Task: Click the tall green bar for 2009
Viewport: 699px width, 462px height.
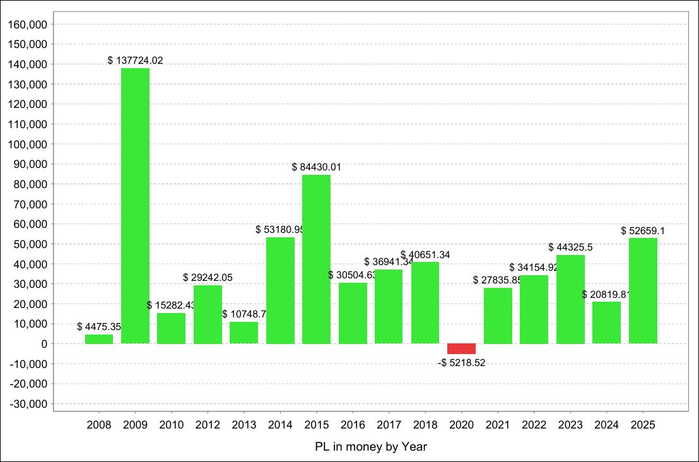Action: tap(135, 206)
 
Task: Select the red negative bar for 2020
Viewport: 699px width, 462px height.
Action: tap(461, 349)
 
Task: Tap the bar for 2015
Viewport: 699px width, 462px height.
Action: tap(316, 259)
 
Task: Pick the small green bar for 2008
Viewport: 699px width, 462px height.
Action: tap(99, 339)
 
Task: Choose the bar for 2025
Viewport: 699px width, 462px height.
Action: tap(643, 290)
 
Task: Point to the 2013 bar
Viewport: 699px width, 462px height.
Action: tap(244, 333)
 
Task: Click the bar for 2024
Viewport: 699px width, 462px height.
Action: tap(606, 323)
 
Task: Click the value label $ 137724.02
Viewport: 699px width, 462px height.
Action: tap(135, 61)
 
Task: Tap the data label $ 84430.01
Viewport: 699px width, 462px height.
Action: tap(316, 167)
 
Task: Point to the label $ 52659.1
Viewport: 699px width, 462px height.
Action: tap(642, 231)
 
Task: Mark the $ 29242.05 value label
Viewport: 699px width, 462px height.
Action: tap(208, 278)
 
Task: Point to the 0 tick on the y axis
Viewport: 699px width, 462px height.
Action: tap(44, 344)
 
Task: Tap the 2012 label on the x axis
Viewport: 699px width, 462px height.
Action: tap(208, 425)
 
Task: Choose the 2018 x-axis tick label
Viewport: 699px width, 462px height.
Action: tap(425, 425)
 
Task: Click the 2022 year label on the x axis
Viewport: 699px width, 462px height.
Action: tap(534, 425)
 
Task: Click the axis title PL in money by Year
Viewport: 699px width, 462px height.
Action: tap(371, 447)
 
